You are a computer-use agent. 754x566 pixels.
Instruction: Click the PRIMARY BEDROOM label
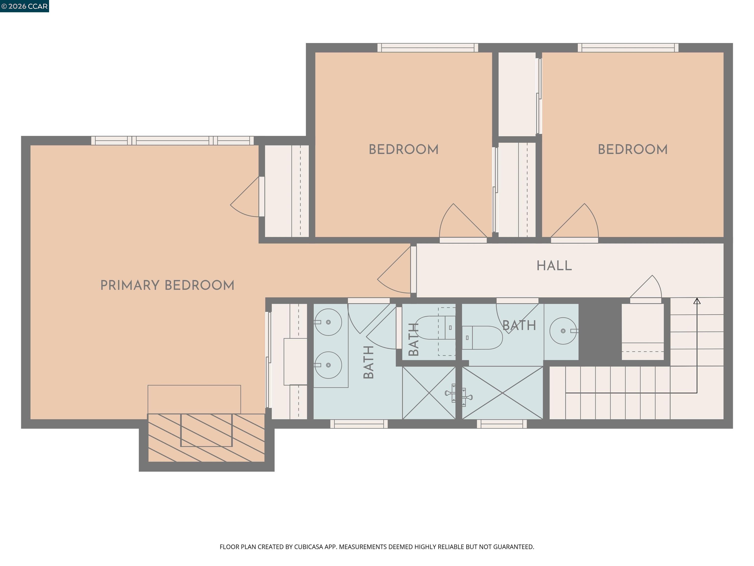(x=167, y=285)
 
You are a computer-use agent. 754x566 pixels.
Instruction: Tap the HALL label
(x=554, y=266)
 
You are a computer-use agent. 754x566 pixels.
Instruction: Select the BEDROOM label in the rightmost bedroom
(x=633, y=149)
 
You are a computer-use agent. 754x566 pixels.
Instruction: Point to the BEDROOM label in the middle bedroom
(x=404, y=149)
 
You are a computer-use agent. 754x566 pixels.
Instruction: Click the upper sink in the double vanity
(x=328, y=322)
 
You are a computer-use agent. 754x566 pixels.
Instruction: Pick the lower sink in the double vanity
(x=328, y=365)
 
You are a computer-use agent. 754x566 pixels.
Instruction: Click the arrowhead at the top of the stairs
(x=697, y=301)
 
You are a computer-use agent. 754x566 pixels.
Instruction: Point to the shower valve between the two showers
(x=458, y=395)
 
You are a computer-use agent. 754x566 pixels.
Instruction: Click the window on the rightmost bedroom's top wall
(x=628, y=48)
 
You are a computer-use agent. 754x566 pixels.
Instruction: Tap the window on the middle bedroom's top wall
(x=428, y=48)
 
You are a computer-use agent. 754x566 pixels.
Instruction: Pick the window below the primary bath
(x=359, y=424)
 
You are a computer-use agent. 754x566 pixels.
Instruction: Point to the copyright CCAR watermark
(x=24, y=6)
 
